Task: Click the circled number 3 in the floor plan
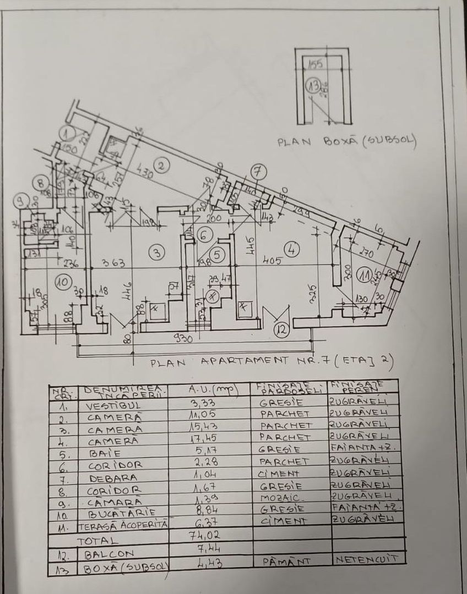(158, 253)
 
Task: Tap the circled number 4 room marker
(294, 249)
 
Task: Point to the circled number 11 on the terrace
(364, 273)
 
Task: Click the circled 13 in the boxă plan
(314, 86)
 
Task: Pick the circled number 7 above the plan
(258, 172)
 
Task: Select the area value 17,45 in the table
(205, 438)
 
